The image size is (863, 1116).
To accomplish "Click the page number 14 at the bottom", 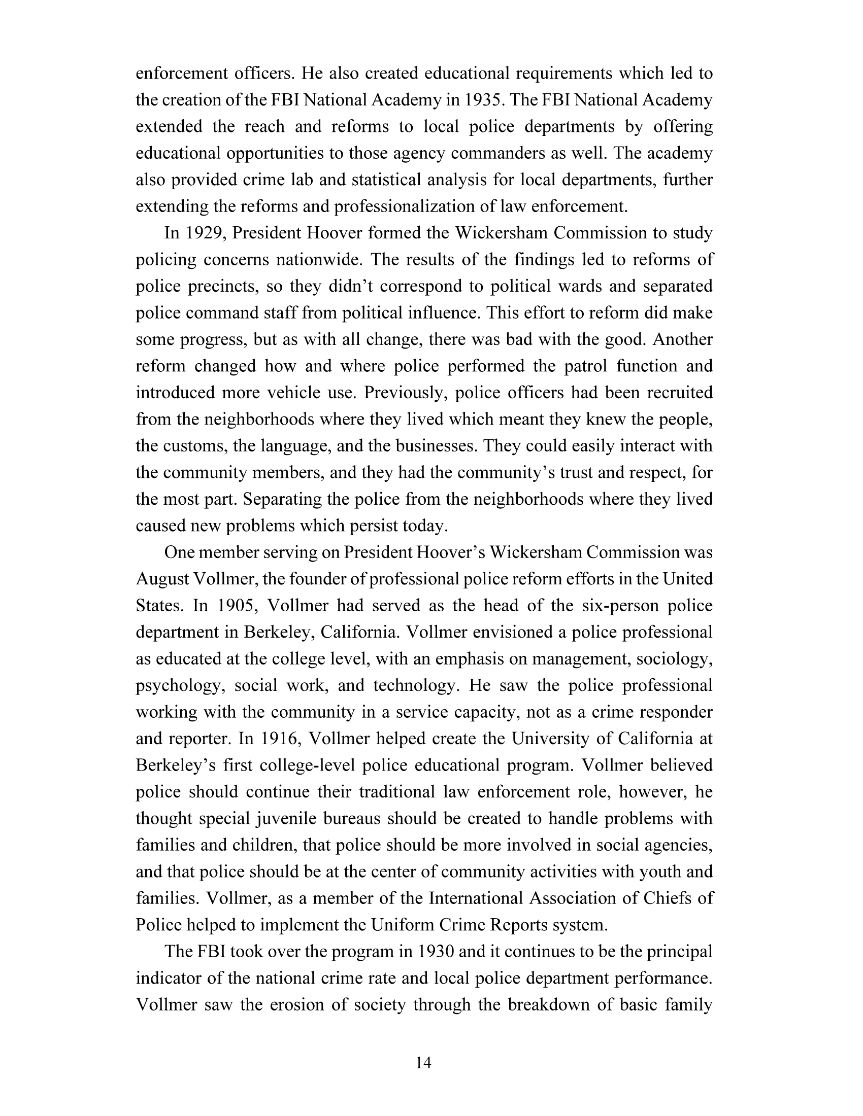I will coord(424,1063).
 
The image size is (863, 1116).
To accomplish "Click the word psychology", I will coord(179,686).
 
